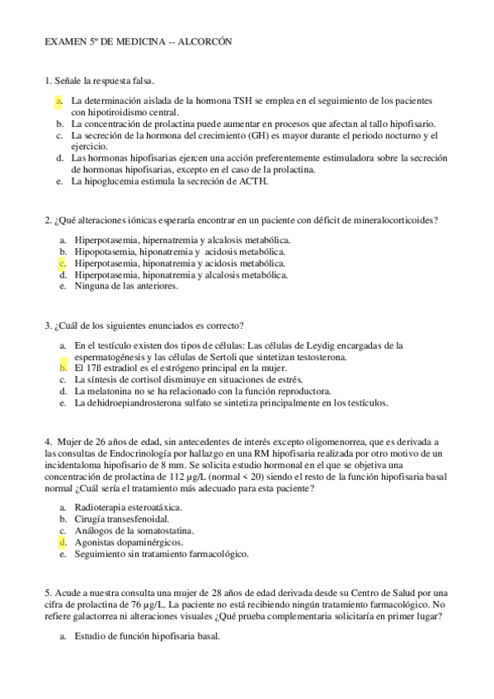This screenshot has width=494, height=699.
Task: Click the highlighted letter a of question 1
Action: pos(59,101)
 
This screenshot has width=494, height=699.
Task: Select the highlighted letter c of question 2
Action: pos(62,263)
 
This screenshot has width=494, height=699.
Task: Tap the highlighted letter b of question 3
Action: pos(62,368)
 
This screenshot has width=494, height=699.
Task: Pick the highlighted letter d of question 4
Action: pos(62,543)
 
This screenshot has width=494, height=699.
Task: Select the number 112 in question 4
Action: pos(172,477)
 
